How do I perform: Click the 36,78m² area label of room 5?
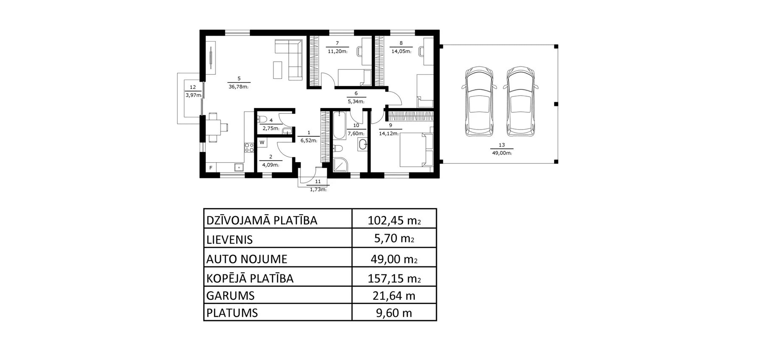238,87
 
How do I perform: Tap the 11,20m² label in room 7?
337,52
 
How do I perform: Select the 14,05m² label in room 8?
401,52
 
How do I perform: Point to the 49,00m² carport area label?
502,153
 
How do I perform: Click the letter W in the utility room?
262,142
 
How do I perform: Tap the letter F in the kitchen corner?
211,168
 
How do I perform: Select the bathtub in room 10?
340,125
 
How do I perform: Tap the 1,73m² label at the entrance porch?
318,190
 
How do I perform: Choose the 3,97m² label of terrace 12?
193,95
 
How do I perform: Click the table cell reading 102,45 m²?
394,220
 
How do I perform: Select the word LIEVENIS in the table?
229,240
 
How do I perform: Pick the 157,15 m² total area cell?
394,279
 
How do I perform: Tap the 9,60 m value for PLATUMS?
394,313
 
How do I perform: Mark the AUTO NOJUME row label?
247,259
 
